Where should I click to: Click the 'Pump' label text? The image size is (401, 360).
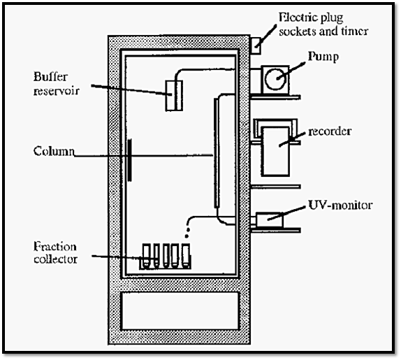click(x=323, y=57)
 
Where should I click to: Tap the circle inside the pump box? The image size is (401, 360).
click(x=275, y=79)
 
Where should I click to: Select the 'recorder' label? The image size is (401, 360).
click(x=330, y=131)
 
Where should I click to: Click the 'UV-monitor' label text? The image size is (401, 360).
click(x=340, y=205)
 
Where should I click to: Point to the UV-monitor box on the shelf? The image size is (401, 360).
click(x=270, y=220)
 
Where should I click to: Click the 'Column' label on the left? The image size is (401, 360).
click(x=54, y=151)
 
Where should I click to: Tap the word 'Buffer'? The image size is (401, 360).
click(x=50, y=76)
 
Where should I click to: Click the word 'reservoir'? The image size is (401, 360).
click(x=57, y=91)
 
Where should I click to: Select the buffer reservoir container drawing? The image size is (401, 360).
click(x=174, y=96)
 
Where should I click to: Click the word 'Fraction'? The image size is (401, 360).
click(x=55, y=246)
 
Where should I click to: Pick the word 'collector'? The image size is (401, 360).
click(x=55, y=259)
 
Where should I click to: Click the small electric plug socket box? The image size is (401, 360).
click(x=256, y=46)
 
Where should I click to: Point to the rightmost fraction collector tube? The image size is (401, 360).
click(x=186, y=255)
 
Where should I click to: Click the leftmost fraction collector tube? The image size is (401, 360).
click(x=146, y=255)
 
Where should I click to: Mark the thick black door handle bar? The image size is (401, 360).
click(x=130, y=160)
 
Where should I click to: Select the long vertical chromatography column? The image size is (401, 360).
click(x=217, y=152)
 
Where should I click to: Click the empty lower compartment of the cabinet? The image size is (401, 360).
click(x=180, y=311)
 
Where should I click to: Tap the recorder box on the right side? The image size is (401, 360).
click(x=275, y=152)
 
